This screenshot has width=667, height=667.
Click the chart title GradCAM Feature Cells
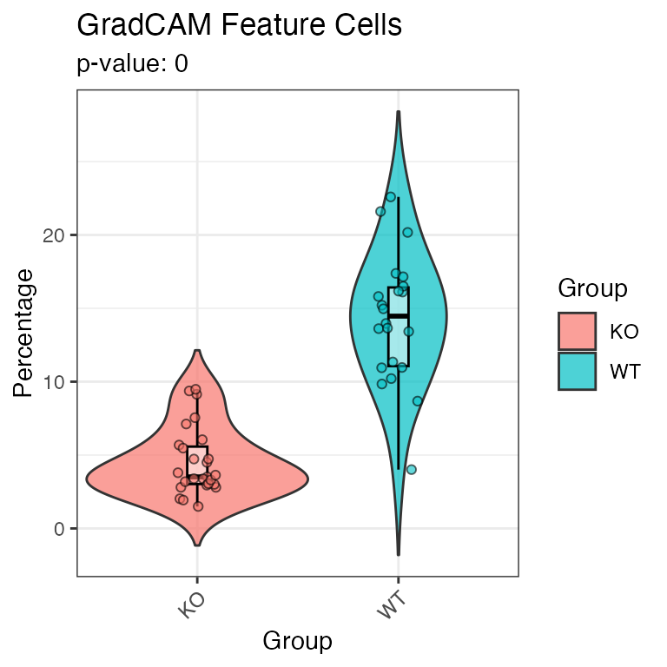point(240,25)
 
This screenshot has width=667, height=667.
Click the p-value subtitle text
point(132,63)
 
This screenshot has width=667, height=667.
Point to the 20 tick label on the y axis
point(53,235)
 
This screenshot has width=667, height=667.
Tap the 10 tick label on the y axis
point(53,382)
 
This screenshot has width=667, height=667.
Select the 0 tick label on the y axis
point(59,529)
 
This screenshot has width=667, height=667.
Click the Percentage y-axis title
point(23,333)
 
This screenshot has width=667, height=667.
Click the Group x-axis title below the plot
point(297,641)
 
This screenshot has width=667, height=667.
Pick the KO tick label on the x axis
point(192,605)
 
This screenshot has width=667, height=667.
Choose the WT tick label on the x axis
point(392,605)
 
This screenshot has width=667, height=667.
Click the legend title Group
point(592,288)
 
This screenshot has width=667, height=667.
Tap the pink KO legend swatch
point(578,332)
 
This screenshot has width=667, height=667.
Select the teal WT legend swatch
point(578,372)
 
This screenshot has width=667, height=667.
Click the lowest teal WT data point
point(412,470)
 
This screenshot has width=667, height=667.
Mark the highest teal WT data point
point(391,197)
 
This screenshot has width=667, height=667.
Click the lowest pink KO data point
point(198,506)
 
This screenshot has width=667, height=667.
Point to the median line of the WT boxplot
point(399,315)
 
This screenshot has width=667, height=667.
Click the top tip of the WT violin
point(399,111)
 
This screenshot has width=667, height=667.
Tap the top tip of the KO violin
point(197,350)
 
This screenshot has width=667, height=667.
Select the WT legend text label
point(625,372)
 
